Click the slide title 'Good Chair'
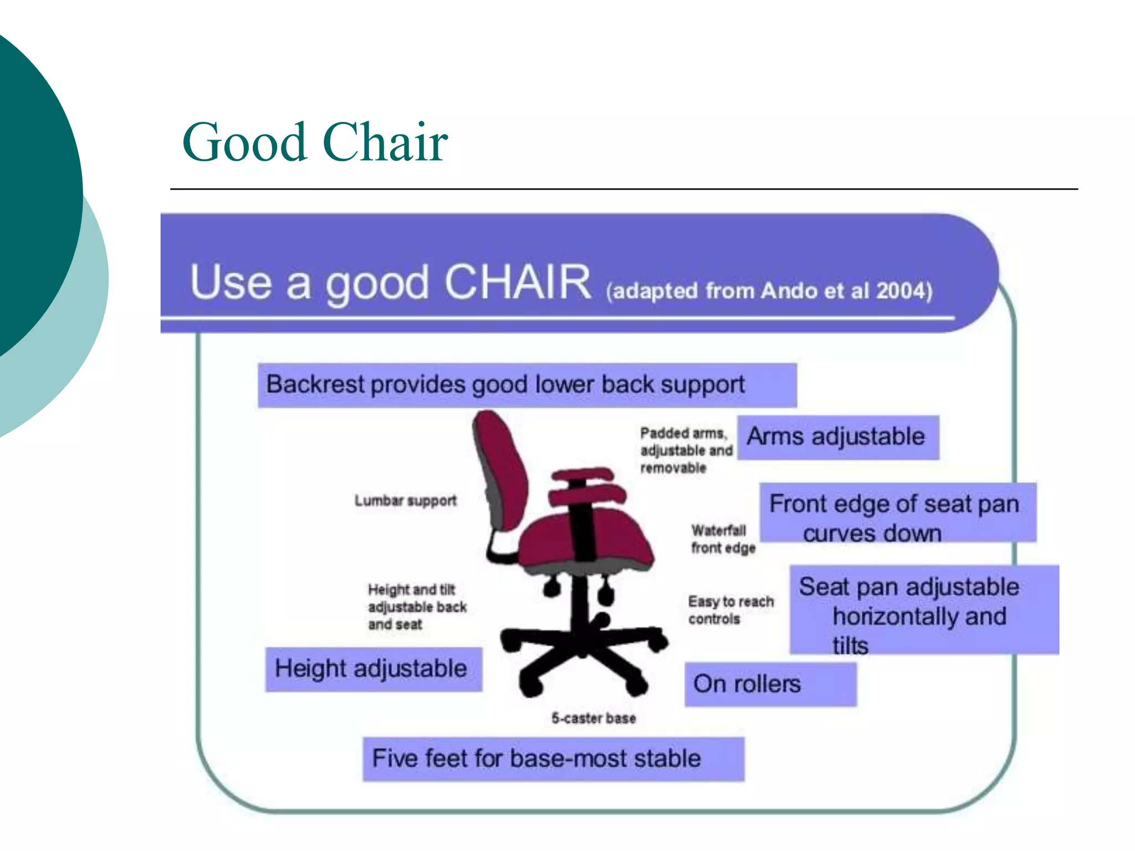[315, 142]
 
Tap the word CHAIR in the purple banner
[518, 283]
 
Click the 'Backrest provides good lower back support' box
[526, 385]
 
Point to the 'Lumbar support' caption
[405, 501]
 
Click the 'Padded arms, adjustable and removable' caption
[686, 450]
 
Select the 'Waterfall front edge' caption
[723, 539]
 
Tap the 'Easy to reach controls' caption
[730, 610]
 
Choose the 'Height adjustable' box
[373, 669]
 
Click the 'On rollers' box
[769, 684]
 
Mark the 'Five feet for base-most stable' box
[553, 759]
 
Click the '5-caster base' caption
[593, 719]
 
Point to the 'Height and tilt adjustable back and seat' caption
[416, 607]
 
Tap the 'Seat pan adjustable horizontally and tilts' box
[923, 610]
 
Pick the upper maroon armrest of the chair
[582, 474]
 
